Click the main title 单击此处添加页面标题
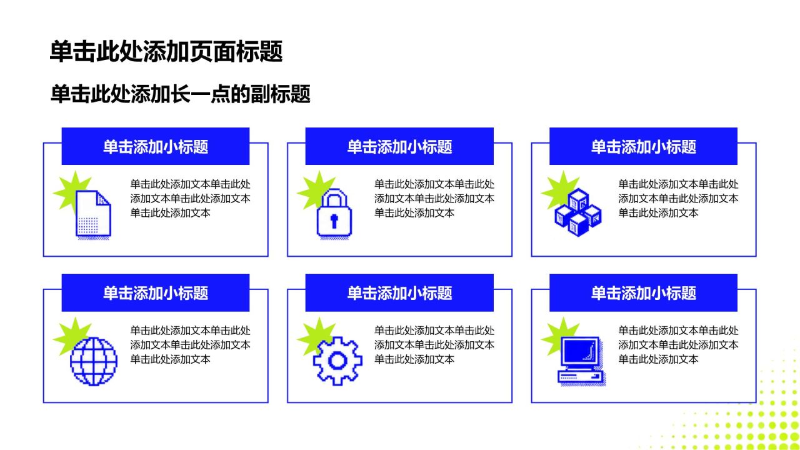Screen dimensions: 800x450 pyautogui.click(x=166, y=51)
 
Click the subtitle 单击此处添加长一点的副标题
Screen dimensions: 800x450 pyautogui.click(x=181, y=94)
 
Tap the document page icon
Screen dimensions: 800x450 pyautogui.click(x=94, y=214)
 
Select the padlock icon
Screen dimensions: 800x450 pyautogui.click(x=334, y=214)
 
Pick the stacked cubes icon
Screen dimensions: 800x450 pyautogui.click(x=578, y=212)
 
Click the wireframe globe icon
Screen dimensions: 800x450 pyautogui.click(x=94, y=361)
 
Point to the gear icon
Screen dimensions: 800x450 pyautogui.click(x=337, y=361)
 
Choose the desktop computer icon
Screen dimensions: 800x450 pyautogui.click(x=581, y=361)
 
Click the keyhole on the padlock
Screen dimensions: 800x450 pyautogui.click(x=334, y=221)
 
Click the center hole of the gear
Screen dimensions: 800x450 pyautogui.click(x=337, y=361)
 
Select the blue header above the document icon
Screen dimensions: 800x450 pyautogui.click(x=156, y=146)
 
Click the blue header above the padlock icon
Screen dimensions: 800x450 pyautogui.click(x=399, y=146)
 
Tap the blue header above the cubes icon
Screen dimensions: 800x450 pyautogui.click(x=643, y=146)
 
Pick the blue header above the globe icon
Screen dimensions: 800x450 pyautogui.click(x=156, y=292)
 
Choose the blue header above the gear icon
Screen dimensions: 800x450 pyautogui.click(x=399, y=292)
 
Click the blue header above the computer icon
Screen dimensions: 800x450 pyautogui.click(x=643, y=292)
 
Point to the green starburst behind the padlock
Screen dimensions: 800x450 pyautogui.click(x=314, y=189)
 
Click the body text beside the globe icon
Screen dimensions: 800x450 pyautogui.click(x=190, y=344)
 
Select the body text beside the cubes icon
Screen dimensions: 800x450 pyautogui.click(x=678, y=199)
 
